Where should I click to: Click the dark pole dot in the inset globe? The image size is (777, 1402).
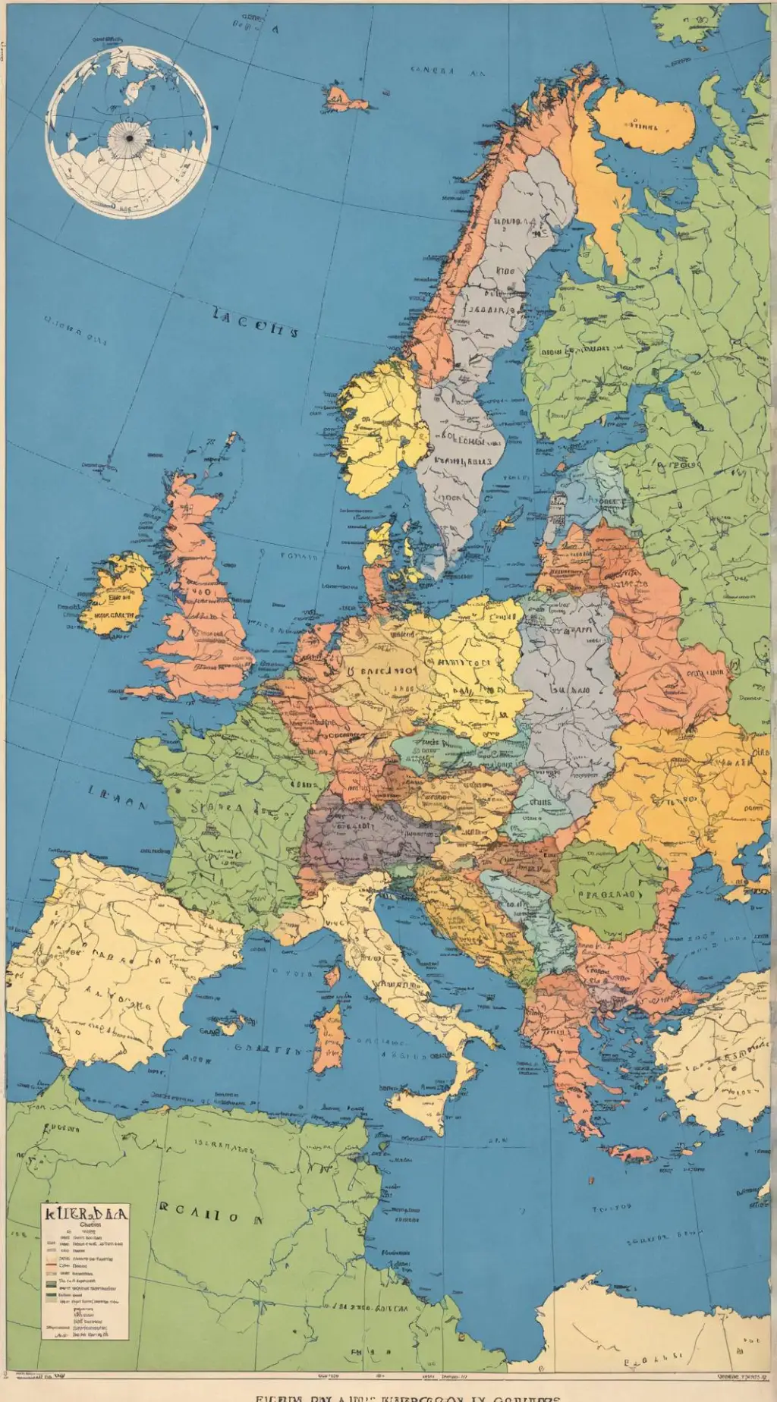pyautogui.click(x=127, y=137)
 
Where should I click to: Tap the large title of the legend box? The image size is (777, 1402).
pyautogui.click(x=86, y=1213)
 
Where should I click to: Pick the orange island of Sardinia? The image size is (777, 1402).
pyautogui.click(x=329, y=1036)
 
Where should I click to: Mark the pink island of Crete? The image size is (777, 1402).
pyautogui.click(x=629, y=1155)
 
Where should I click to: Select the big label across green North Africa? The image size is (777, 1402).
pyautogui.click(x=209, y=1215)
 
